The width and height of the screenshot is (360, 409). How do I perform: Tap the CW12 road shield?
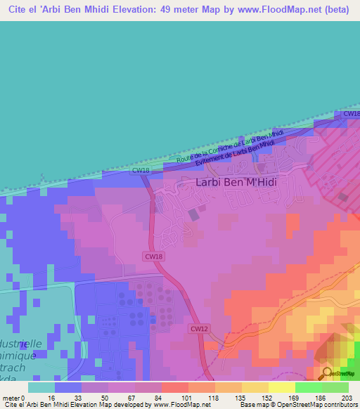pos(199,328)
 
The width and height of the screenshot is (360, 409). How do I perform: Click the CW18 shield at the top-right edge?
pos(351,114)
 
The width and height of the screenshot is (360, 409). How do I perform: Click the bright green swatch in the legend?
pos(308,387)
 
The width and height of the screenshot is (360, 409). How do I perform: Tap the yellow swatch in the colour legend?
pos(281,387)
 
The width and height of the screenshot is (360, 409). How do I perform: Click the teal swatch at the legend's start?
pos(41,387)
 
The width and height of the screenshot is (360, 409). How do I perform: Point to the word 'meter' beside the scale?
pos(10,397)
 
